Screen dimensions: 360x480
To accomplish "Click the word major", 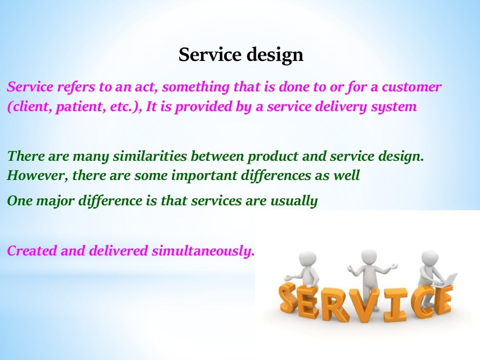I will coord(53,201).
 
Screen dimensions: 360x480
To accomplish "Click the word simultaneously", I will coord(203,251).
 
